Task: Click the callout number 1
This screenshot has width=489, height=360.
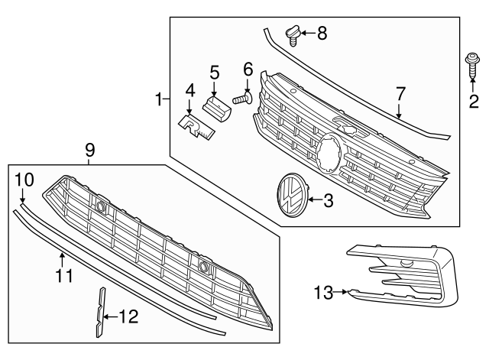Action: coord(159,99)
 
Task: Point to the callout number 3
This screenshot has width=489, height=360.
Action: coord(329,201)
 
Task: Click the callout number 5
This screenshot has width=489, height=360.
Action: coord(215,73)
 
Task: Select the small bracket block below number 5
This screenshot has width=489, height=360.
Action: coord(219,107)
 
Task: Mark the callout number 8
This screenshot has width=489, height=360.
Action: coord(322,33)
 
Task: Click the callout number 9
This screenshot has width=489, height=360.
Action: coord(89,151)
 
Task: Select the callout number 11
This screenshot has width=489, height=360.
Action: coord(65,274)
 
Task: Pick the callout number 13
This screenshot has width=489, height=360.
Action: coord(323,291)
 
